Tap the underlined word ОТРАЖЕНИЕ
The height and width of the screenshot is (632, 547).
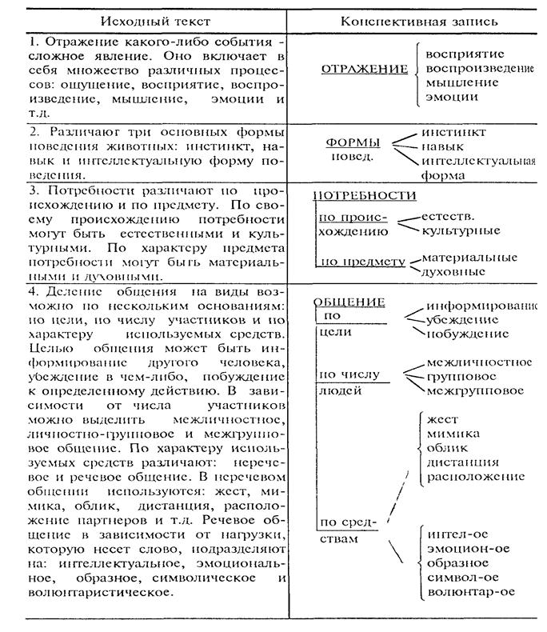tap(364, 70)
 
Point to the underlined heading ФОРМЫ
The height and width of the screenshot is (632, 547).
tap(353, 142)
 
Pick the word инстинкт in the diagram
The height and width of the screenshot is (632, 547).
tap(458, 131)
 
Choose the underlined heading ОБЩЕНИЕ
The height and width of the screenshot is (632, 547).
tap(349, 302)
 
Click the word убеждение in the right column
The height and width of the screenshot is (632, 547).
tap(462, 319)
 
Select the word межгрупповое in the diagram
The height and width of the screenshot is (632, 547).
tap(476, 390)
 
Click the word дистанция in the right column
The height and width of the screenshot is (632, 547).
tap(463, 462)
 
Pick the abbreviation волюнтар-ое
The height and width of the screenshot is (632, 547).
tap(470, 592)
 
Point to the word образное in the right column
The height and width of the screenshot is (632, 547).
tap(457, 563)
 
